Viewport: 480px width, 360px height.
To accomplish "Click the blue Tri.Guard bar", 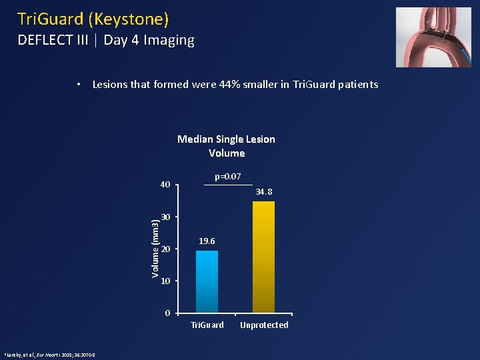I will point(207,281).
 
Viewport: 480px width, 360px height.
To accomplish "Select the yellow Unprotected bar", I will point(263,257).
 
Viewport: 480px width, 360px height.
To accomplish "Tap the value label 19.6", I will point(207,241).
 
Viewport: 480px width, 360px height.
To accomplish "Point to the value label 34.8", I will point(264,192).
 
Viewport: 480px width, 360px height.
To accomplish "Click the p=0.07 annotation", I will point(227,176).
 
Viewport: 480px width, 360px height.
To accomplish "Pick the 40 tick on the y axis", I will point(165,185).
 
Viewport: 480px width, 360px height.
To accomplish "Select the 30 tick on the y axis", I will point(166,217).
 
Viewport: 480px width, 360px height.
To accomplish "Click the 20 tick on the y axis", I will point(166,249).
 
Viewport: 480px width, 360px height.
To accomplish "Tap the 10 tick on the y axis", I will point(166,281).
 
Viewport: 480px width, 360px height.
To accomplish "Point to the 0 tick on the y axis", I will point(168,313).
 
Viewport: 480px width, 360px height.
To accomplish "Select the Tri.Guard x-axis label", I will point(207,325).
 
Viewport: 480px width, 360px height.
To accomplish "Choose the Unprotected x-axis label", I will point(264,325).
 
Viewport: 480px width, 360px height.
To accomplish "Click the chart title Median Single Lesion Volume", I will point(226,146).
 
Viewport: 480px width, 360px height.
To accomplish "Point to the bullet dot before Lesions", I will point(79,85).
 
